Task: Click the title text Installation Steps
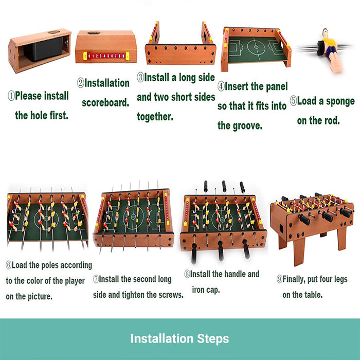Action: (179, 338)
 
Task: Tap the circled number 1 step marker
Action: (11, 96)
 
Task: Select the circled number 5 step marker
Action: (293, 101)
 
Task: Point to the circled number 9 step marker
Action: (279, 279)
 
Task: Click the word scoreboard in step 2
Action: (105, 103)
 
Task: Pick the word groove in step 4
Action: (247, 126)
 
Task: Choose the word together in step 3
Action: (155, 116)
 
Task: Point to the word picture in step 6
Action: (40, 296)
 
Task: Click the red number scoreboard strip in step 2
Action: (106, 56)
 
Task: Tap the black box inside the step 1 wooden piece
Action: (44, 49)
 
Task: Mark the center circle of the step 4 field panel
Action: (256, 47)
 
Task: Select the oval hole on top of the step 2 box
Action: (94, 33)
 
